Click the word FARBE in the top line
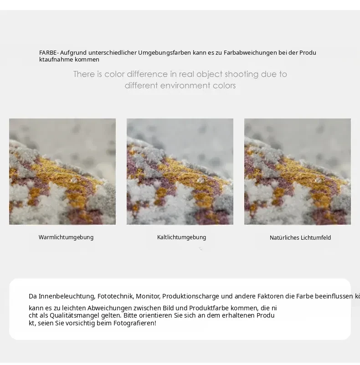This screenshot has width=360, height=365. pyautogui.click(x=48, y=52)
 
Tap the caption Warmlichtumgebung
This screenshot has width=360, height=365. pyautogui.click(x=66, y=237)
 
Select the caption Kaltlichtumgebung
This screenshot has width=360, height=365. pyautogui.click(x=182, y=237)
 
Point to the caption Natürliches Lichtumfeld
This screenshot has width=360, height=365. pyautogui.click(x=300, y=238)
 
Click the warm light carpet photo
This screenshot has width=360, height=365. pyautogui.click(x=62, y=171)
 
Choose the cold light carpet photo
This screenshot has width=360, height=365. pyautogui.click(x=180, y=171)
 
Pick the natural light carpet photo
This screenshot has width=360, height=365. pyautogui.click(x=298, y=171)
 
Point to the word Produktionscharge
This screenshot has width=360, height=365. pyautogui.click(x=191, y=296)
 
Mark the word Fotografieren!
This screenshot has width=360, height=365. pyautogui.click(x=135, y=324)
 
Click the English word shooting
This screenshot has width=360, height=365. pyautogui.click(x=242, y=74)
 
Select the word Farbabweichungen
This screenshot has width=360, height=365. pyautogui.click(x=250, y=53)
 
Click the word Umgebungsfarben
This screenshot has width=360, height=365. pyautogui.click(x=165, y=53)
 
